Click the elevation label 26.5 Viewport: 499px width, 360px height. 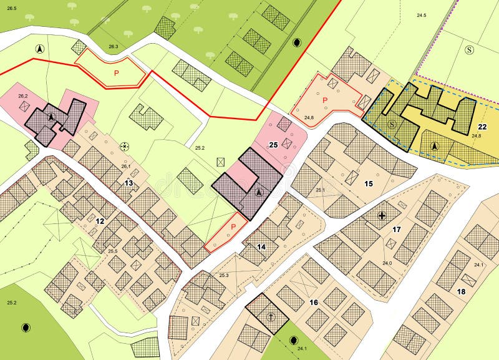tap(11, 8)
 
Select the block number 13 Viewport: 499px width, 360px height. tap(128, 183)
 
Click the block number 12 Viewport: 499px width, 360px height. tap(100, 221)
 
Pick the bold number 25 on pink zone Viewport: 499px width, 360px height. tap(273, 145)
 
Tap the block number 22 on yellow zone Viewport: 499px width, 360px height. tap(482, 127)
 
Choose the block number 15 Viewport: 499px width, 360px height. tap(369, 183)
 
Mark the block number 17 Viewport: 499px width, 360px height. tap(396, 230)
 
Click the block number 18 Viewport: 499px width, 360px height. tap(461, 291)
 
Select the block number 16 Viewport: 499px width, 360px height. tap(314, 303)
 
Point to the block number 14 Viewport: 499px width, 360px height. tap(261, 247)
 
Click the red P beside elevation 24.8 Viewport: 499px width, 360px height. tap(324, 100)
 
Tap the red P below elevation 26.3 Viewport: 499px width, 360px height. tap(116, 73)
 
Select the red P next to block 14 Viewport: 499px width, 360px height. tap(234, 226)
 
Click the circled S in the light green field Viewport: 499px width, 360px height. tap(470, 50)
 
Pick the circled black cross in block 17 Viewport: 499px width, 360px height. tap(382, 216)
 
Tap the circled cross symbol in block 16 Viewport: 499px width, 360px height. tap(270, 316)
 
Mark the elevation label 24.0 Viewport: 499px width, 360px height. tap(387, 263)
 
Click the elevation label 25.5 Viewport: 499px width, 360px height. tap(113, 251)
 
